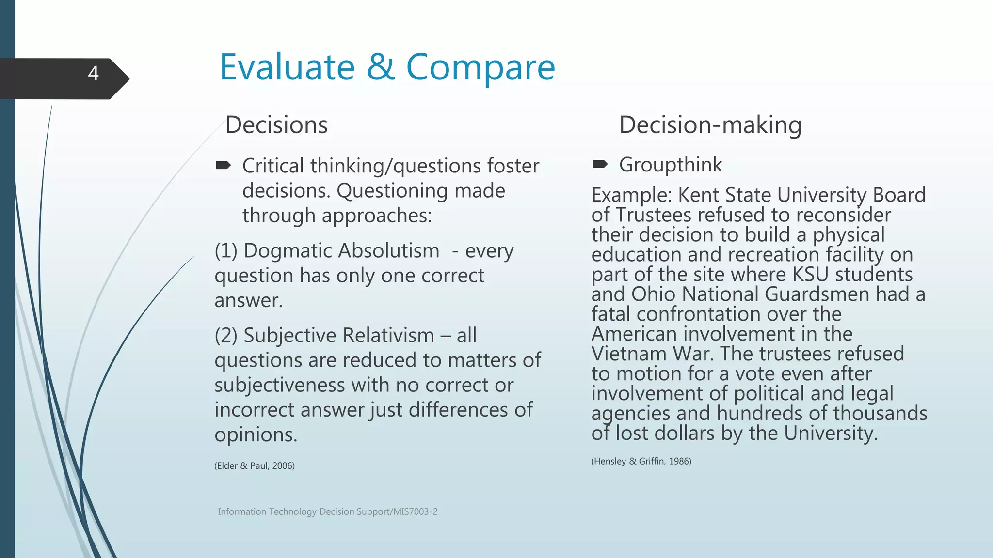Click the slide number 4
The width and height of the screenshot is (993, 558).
tap(94, 74)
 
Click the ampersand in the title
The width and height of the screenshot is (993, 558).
tap(380, 67)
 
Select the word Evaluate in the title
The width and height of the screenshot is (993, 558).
tap(287, 67)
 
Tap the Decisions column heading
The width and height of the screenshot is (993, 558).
tap(276, 125)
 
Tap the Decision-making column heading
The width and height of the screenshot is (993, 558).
tap(710, 125)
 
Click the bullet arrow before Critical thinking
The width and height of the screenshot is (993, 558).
tap(223, 166)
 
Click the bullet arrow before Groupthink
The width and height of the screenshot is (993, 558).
tap(600, 165)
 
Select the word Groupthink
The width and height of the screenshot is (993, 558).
tap(670, 165)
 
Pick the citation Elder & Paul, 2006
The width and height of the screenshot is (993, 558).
tap(255, 466)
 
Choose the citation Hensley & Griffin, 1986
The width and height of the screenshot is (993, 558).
tap(641, 461)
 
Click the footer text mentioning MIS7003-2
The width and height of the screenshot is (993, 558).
tap(328, 511)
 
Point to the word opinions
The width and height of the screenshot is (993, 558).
tap(256, 434)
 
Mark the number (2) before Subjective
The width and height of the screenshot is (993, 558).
tap(226, 335)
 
